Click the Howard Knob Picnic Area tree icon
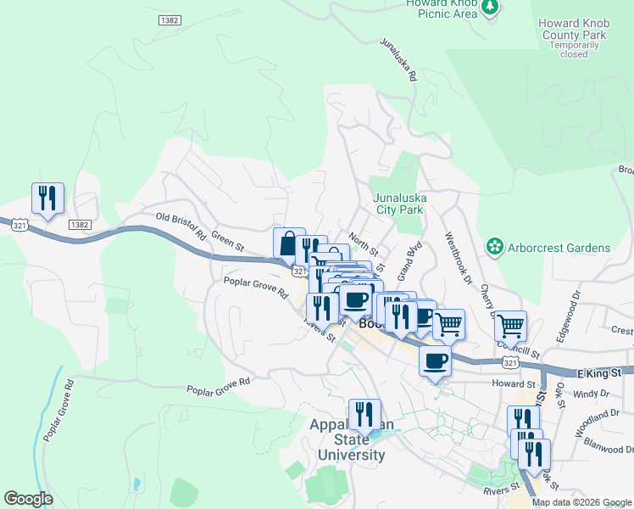[490, 8]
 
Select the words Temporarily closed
[573, 49]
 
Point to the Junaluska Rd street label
[399, 59]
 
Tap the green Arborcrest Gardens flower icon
[494, 247]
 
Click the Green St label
[227, 244]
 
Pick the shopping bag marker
[289, 243]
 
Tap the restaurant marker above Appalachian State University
[364, 415]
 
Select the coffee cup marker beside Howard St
[436, 361]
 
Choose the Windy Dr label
[586, 394]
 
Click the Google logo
[28, 499]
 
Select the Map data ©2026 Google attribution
[581, 502]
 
